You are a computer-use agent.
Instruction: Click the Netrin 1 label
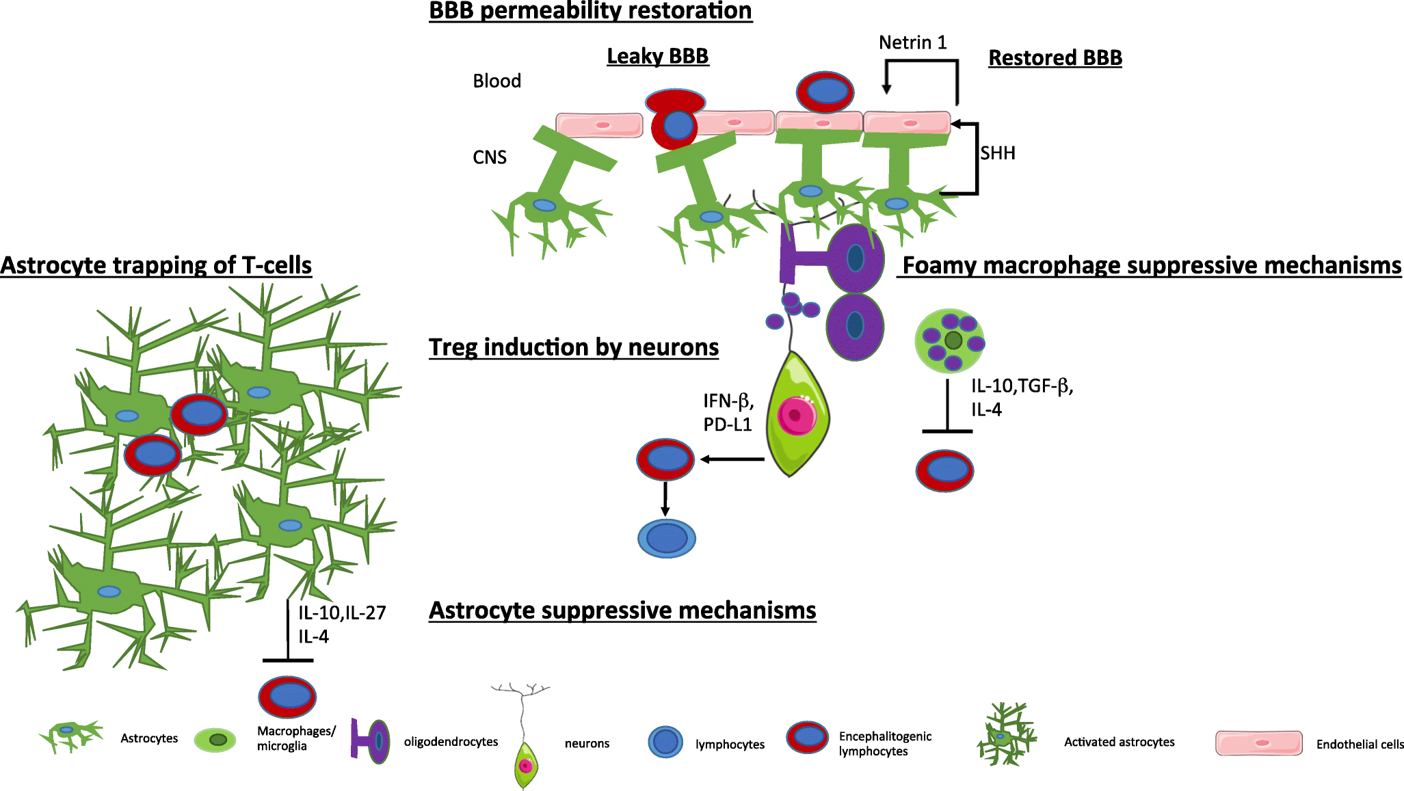[912, 43]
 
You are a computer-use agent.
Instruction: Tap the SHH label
[997, 153]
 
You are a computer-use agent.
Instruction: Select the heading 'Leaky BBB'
[657, 56]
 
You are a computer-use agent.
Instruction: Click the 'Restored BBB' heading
[1055, 58]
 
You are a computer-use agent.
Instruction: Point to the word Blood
[496, 81]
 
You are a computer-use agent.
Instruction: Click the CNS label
[490, 158]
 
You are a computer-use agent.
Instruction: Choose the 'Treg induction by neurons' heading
[573, 347]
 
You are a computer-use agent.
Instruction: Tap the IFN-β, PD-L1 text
[728, 412]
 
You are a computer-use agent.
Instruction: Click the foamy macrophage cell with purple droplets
[950, 340]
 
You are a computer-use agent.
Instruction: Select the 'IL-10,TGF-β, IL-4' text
[1022, 397]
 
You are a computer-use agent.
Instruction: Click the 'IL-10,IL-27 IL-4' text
[341, 624]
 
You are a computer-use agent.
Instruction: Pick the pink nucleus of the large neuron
[796, 415]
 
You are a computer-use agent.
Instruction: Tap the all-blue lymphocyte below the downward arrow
[666, 538]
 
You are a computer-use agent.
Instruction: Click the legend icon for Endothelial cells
[1258, 743]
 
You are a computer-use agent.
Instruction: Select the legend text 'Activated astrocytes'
[1119, 742]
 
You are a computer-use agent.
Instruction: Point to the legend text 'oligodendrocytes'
[451, 742]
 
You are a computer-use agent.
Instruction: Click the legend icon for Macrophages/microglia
[215, 740]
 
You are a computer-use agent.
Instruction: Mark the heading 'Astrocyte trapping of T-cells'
[156, 265]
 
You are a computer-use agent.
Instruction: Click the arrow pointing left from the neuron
[732, 459]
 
